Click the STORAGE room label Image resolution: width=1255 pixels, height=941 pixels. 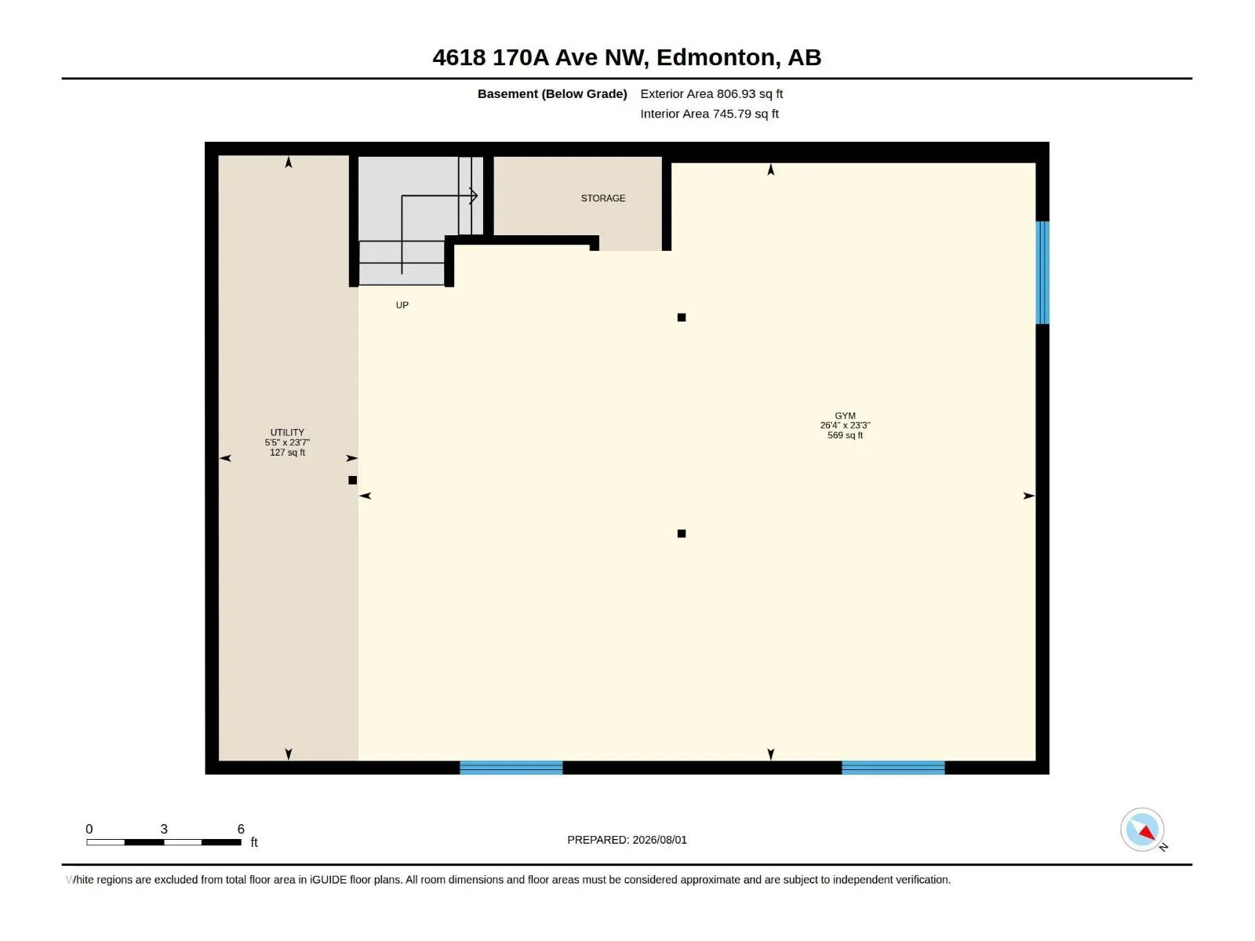click(x=603, y=198)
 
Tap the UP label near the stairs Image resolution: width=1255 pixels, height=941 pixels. click(x=402, y=305)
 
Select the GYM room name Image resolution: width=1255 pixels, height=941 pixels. click(x=845, y=416)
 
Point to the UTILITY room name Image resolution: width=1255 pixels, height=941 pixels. click(x=287, y=433)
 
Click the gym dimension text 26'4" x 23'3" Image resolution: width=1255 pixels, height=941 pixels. click(x=845, y=425)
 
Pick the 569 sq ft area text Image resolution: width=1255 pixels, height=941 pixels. click(x=845, y=435)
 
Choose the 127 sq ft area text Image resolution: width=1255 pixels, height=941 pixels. click(x=287, y=452)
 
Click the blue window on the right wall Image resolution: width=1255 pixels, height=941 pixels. click(x=1042, y=273)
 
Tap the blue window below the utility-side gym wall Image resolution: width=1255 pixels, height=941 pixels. click(x=511, y=768)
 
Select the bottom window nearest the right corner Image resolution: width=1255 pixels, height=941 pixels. click(x=893, y=768)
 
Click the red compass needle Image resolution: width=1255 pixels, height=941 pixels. click(x=1147, y=832)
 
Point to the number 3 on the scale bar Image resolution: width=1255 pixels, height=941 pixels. click(x=164, y=829)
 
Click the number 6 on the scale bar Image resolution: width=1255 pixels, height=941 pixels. click(x=241, y=829)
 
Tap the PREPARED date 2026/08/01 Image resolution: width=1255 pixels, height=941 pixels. click(x=659, y=840)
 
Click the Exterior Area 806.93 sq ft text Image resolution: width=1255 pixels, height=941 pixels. click(x=711, y=93)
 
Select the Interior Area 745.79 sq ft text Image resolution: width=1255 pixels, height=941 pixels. click(x=710, y=114)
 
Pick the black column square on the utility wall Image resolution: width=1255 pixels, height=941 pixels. click(x=353, y=481)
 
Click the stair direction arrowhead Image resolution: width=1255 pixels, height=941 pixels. click(x=474, y=196)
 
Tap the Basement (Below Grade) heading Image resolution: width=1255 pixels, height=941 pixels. click(x=552, y=93)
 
